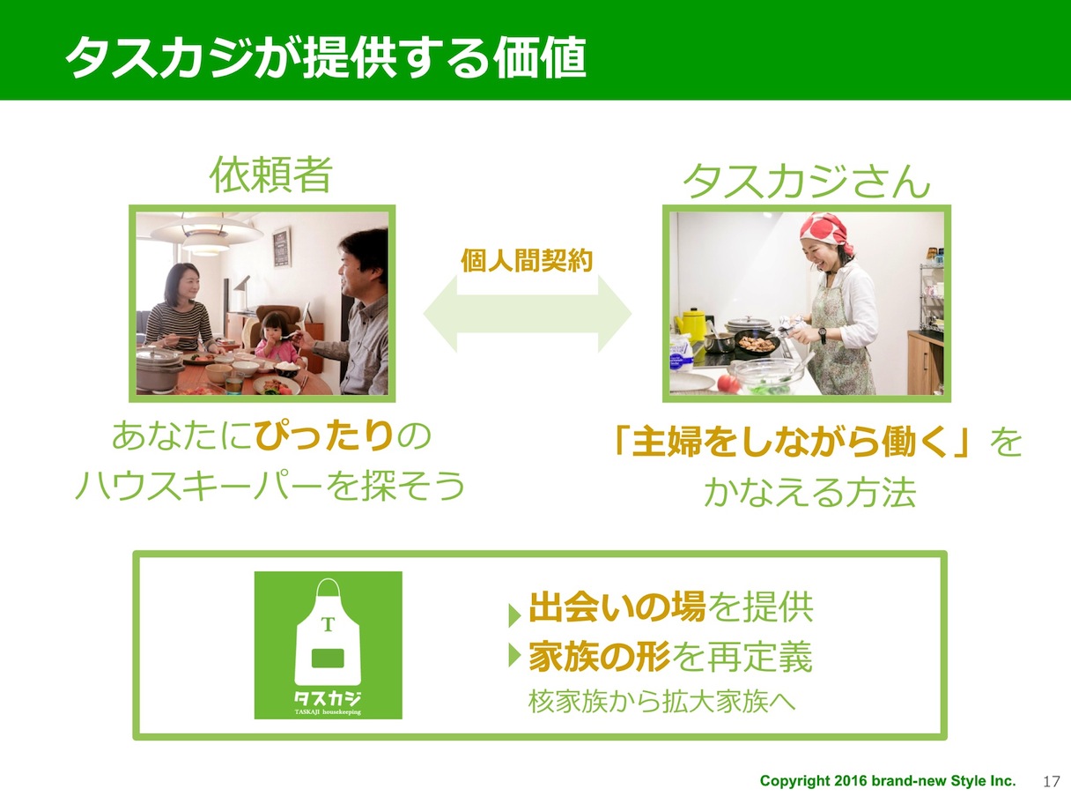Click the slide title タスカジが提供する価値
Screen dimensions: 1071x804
point(326,57)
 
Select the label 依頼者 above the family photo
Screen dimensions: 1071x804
point(271,175)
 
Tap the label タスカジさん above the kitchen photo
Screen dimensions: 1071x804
point(807,180)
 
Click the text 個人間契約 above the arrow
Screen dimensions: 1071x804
point(527,260)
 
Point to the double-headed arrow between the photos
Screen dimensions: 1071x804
point(528,314)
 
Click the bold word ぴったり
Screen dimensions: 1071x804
point(324,435)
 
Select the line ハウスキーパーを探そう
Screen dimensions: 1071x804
point(270,486)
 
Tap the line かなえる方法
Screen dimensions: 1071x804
point(810,492)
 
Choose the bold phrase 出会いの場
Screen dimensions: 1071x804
point(617,607)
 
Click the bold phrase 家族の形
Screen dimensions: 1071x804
point(600,657)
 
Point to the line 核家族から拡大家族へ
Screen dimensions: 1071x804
point(661,702)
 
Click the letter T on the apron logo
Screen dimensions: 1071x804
point(328,624)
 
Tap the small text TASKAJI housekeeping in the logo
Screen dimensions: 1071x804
point(328,712)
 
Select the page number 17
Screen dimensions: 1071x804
point(1052,782)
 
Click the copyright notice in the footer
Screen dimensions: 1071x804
point(888,781)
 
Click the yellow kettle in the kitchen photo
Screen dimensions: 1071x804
point(691,324)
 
